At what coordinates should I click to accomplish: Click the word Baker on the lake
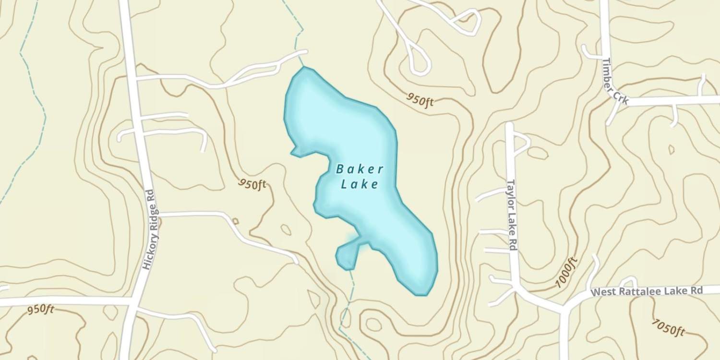point(360,169)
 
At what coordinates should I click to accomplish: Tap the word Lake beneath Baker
point(360,184)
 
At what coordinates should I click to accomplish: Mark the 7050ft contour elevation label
point(668,327)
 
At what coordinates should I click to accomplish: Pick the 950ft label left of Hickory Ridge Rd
point(40,309)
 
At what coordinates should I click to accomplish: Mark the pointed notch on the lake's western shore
point(293,153)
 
